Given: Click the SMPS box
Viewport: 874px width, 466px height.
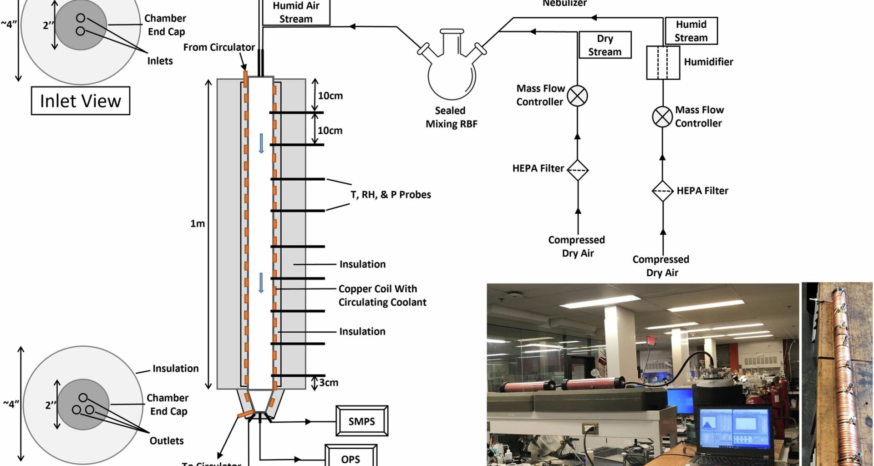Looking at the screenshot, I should (x=362, y=421).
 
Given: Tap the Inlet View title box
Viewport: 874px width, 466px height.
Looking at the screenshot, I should (x=81, y=101).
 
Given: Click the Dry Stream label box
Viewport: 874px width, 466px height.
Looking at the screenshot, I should (x=605, y=45).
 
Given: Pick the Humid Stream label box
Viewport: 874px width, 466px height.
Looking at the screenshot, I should (x=691, y=31).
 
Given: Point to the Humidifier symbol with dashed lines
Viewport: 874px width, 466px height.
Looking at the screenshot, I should (x=663, y=62).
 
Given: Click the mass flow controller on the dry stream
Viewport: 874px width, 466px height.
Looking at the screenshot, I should (x=578, y=96).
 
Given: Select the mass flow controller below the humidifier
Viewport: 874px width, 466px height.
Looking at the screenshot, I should (x=662, y=117).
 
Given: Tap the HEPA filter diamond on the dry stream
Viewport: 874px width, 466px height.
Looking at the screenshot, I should (x=578, y=170).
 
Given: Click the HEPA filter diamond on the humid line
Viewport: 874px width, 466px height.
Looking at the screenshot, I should (x=662, y=191).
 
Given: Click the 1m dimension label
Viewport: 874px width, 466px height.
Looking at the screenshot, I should (x=198, y=223).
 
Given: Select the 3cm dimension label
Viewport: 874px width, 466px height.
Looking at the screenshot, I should (x=329, y=382).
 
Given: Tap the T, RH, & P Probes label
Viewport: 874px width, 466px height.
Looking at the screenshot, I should (x=391, y=195).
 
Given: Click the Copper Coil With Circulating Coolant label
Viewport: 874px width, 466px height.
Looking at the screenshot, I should (x=382, y=295).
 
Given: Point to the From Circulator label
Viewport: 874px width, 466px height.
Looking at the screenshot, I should (x=219, y=47).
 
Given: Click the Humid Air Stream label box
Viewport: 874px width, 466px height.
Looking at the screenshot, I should (x=296, y=12).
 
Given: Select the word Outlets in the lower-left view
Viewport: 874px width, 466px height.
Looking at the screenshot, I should (x=167, y=441).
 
